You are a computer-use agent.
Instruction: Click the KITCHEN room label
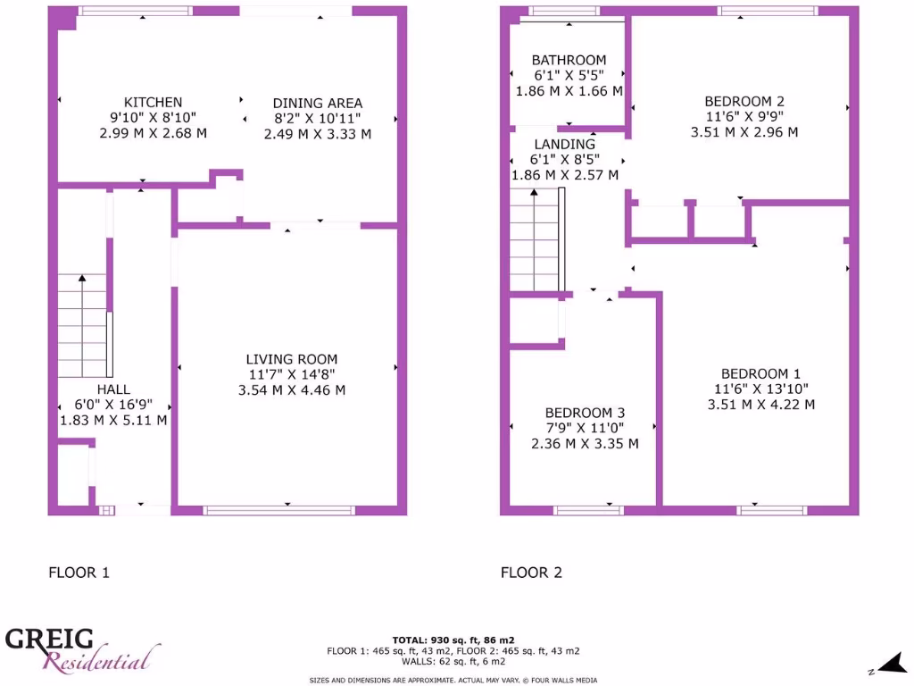[x=153, y=103]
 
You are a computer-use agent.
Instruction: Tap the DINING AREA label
[x=317, y=104]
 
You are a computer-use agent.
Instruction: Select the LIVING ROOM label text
[x=292, y=359]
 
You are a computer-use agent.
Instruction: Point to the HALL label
[x=113, y=389]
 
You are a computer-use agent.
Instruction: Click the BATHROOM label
[x=569, y=61]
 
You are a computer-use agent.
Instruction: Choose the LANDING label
[x=564, y=145]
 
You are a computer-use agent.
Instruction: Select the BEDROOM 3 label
[x=585, y=413]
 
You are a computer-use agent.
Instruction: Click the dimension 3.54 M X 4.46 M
[x=292, y=390]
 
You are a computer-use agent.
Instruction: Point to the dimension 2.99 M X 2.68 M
[x=153, y=133]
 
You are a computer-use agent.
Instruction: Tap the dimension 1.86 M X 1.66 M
[x=569, y=91]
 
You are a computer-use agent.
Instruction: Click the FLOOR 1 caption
[x=79, y=573]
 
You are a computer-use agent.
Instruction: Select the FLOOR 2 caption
[x=531, y=573]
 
